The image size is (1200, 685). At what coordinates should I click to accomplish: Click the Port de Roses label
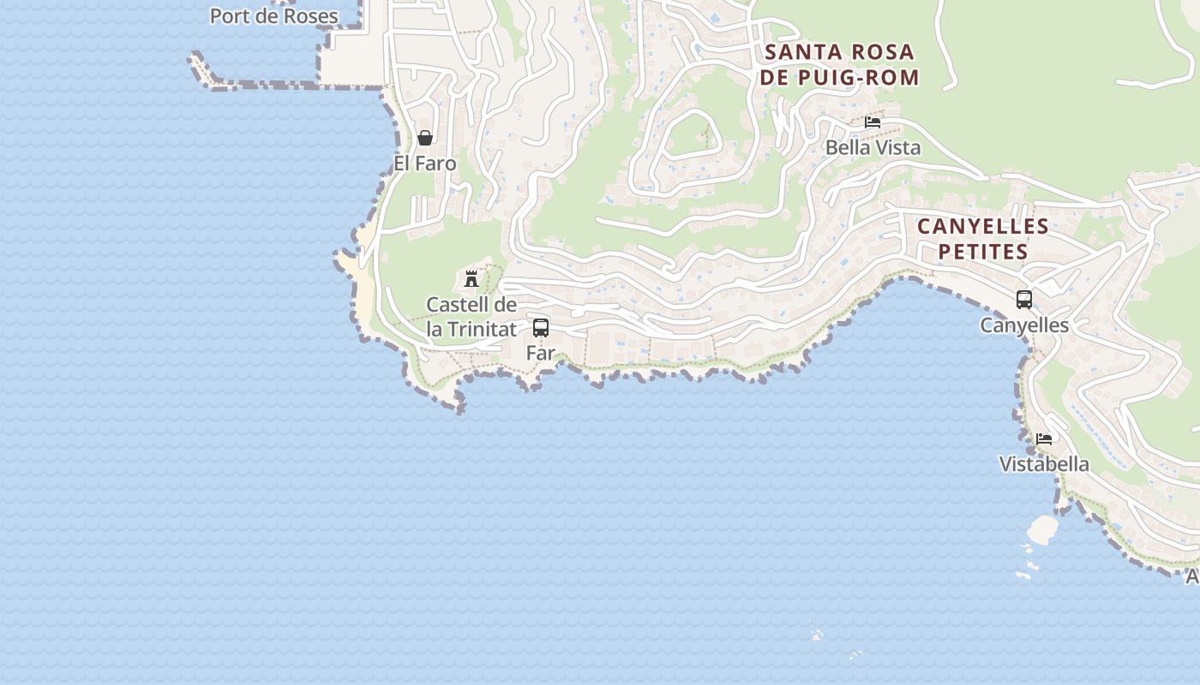tap(273, 16)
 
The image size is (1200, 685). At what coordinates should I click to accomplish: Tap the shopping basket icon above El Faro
tap(424, 138)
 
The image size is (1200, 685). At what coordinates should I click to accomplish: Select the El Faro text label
tap(424, 163)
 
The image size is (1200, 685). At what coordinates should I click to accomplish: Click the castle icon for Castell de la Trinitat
tap(471, 278)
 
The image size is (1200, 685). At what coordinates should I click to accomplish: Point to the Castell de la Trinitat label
tap(471, 317)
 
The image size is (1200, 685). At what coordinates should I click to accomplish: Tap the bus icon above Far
tap(541, 328)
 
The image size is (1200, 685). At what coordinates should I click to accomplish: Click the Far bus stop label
tap(541, 353)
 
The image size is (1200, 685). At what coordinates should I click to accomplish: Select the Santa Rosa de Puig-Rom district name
tap(839, 65)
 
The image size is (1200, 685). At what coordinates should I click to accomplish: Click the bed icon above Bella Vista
tap(873, 122)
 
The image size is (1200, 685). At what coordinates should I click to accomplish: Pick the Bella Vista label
tap(873, 147)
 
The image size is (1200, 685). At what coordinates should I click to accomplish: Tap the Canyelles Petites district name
tap(982, 239)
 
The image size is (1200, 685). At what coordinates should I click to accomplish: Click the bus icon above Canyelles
tap(1024, 300)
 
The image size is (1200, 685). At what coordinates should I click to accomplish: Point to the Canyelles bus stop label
tap(1024, 325)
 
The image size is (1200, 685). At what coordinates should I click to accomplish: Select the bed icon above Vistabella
tap(1044, 439)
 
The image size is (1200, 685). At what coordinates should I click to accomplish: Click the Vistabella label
tap(1044, 464)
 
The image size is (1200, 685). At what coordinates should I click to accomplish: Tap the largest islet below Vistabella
tap(1043, 529)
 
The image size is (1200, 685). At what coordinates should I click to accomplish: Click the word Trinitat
tap(483, 329)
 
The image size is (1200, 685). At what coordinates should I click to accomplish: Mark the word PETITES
tap(982, 252)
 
